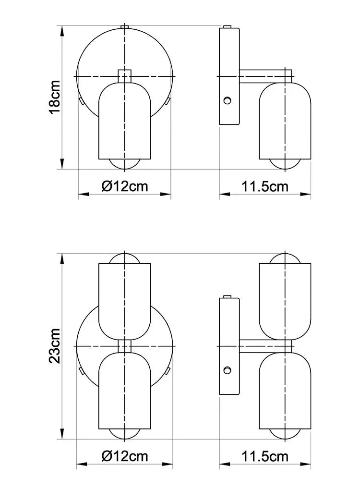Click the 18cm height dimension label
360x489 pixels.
click(x=54, y=98)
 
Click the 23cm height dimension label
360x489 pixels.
click(x=54, y=345)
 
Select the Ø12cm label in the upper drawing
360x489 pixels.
click(x=125, y=186)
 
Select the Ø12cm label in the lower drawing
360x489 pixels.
click(x=125, y=456)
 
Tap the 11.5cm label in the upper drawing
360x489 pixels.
click(x=265, y=186)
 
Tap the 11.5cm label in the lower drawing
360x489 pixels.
click(x=265, y=456)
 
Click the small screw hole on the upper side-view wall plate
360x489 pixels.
click(x=228, y=100)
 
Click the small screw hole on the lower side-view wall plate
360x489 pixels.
click(x=228, y=370)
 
